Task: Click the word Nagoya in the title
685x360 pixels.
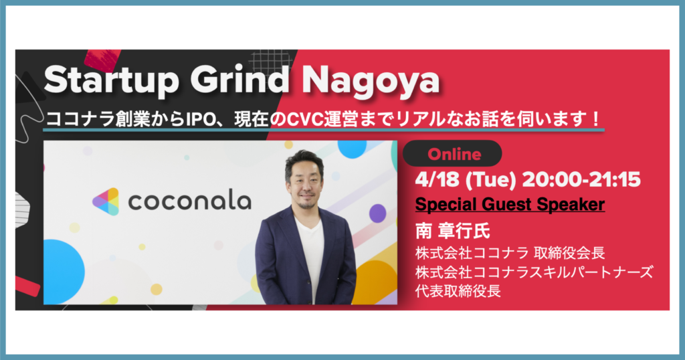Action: coord(371,81)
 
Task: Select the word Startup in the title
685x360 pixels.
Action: coord(112,81)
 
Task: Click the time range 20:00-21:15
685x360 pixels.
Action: coord(581,179)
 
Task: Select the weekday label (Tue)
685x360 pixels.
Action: coord(490,180)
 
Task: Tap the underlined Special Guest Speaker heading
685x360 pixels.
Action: coord(510,205)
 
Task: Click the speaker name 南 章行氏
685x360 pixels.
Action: coord(453,231)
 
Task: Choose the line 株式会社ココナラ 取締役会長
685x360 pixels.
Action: coord(510,253)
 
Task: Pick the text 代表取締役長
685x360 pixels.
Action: coord(458,290)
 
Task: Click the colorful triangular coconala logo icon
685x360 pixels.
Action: coord(106,201)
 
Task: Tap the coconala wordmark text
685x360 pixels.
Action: coord(189,201)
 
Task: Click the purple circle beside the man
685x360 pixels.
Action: coord(377,213)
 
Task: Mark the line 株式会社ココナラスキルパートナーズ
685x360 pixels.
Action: coord(534,272)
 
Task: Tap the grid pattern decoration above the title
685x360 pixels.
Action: coord(271,61)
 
